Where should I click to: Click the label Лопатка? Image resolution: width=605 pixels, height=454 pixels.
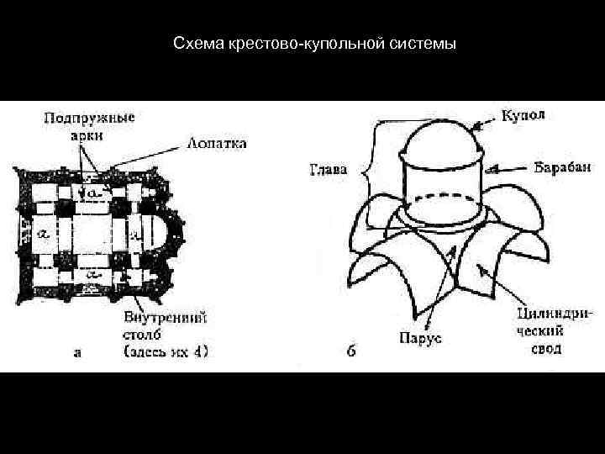(215, 144)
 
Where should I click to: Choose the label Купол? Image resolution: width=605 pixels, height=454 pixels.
(523, 114)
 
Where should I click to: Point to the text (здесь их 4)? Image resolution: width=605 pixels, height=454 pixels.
(166, 351)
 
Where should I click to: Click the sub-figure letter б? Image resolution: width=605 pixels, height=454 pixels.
(350, 351)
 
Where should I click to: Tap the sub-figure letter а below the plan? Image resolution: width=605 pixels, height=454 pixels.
(77, 353)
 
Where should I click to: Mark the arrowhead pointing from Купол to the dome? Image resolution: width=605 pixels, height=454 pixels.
(476, 127)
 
